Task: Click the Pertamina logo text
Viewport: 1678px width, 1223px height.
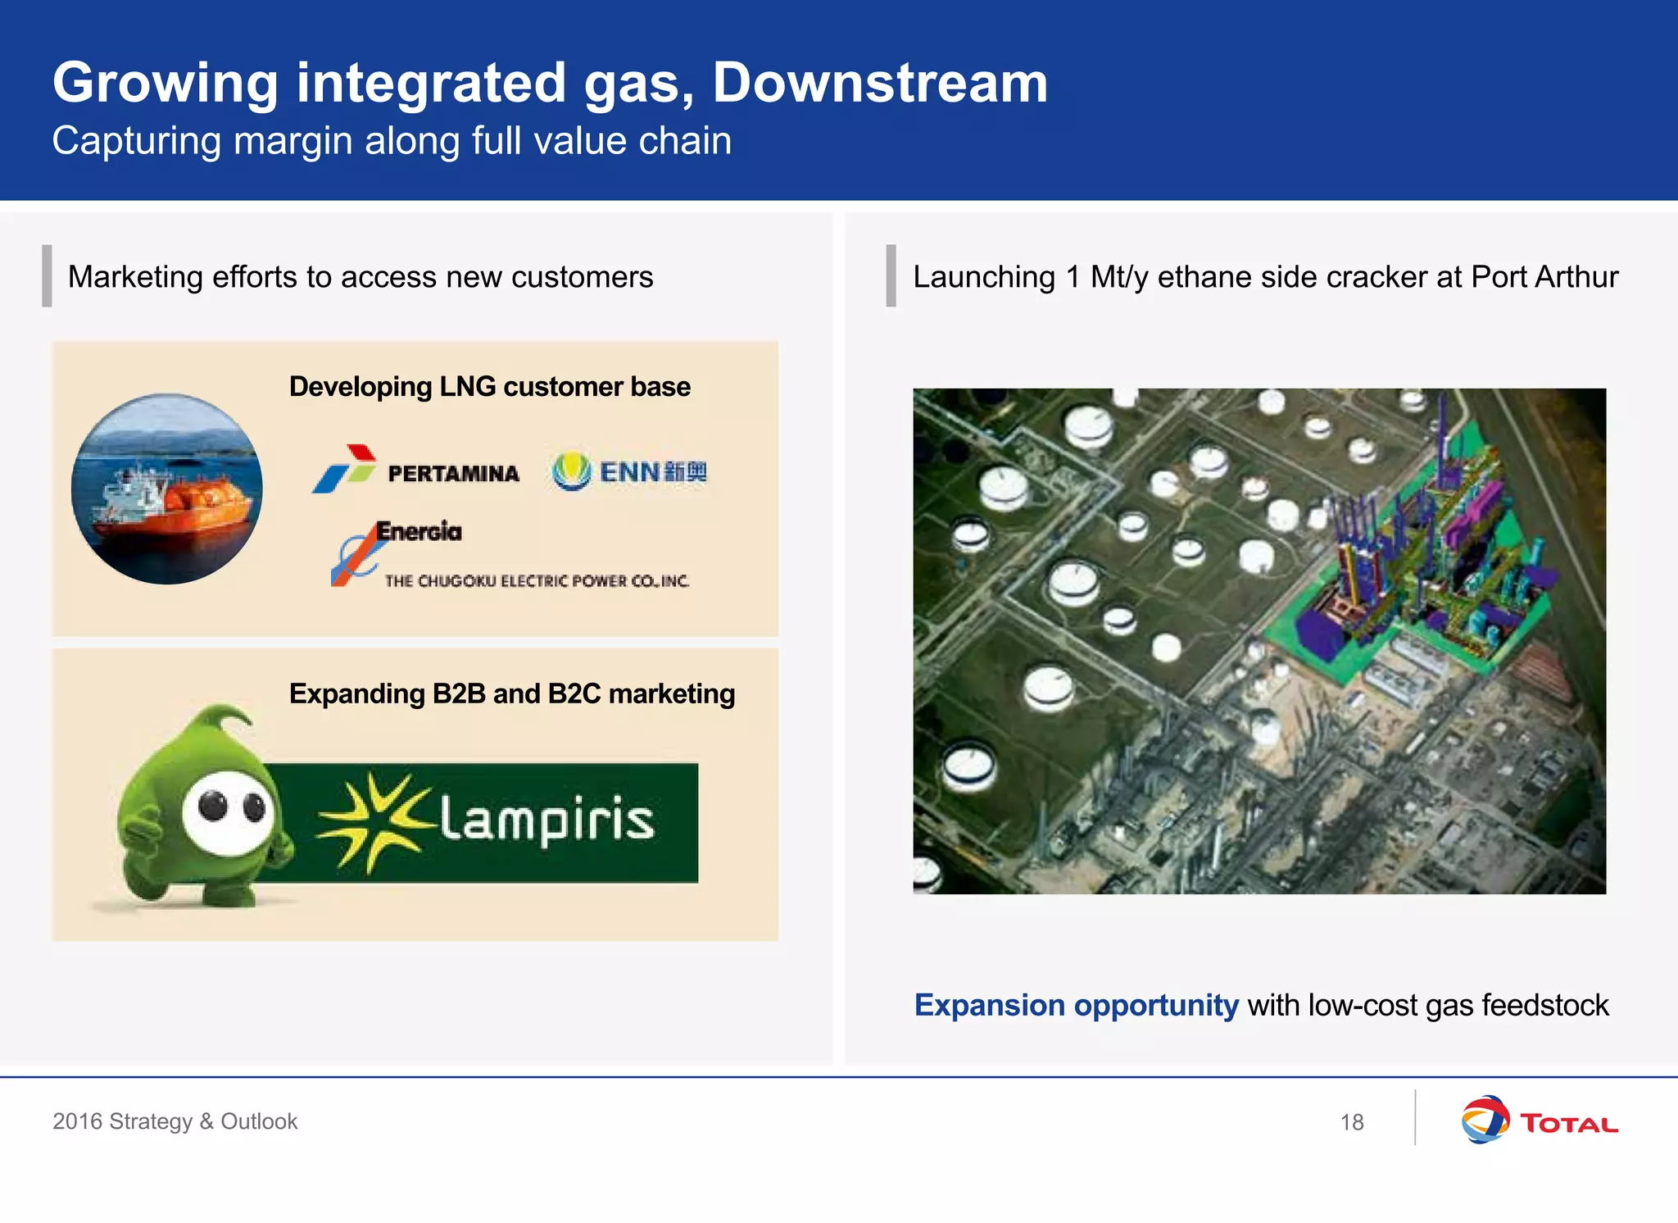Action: [x=453, y=474]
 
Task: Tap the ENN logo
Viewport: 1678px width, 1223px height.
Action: [x=629, y=471]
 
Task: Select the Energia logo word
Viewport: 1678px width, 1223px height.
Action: [x=419, y=532]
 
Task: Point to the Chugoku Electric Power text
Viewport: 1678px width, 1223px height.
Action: [x=537, y=581]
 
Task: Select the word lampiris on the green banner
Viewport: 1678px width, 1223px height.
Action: [x=547, y=820]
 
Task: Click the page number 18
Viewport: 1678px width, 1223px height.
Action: [x=1352, y=1122]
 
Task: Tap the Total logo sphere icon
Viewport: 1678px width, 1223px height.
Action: [x=1485, y=1120]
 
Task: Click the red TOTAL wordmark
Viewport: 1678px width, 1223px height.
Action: [x=1569, y=1123]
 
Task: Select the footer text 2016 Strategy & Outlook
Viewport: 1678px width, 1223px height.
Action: [x=175, y=1121]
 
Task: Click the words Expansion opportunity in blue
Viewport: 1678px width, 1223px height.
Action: [x=1076, y=1006]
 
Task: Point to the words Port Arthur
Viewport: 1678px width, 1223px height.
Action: [x=1544, y=277]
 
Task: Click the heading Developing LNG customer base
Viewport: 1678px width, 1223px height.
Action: [x=489, y=387]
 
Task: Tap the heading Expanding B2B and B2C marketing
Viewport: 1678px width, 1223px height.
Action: [x=511, y=694]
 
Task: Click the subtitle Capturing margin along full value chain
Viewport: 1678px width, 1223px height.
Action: [x=392, y=141]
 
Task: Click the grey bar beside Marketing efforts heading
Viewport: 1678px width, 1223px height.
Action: [x=47, y=276]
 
